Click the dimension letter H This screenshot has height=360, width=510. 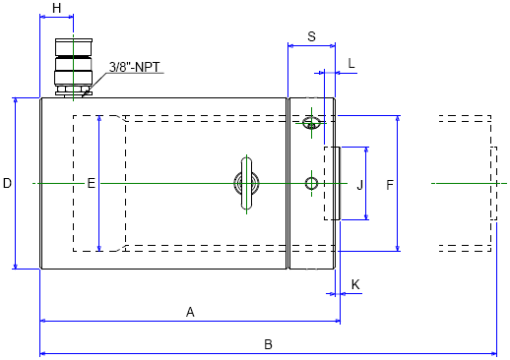coord(57,8)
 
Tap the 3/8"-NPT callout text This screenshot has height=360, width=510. coord(135,67)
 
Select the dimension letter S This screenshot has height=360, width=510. coord(311,36)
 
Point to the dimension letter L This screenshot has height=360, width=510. coord(351,63)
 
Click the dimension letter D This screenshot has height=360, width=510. coord(7,183)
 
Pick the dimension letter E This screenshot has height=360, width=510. coord(92,183)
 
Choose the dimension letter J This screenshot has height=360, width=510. coord(359,185)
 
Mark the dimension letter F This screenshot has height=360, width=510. coord(390,185)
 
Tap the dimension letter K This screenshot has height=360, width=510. coord(355,284)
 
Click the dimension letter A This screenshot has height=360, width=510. coord(190,312)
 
